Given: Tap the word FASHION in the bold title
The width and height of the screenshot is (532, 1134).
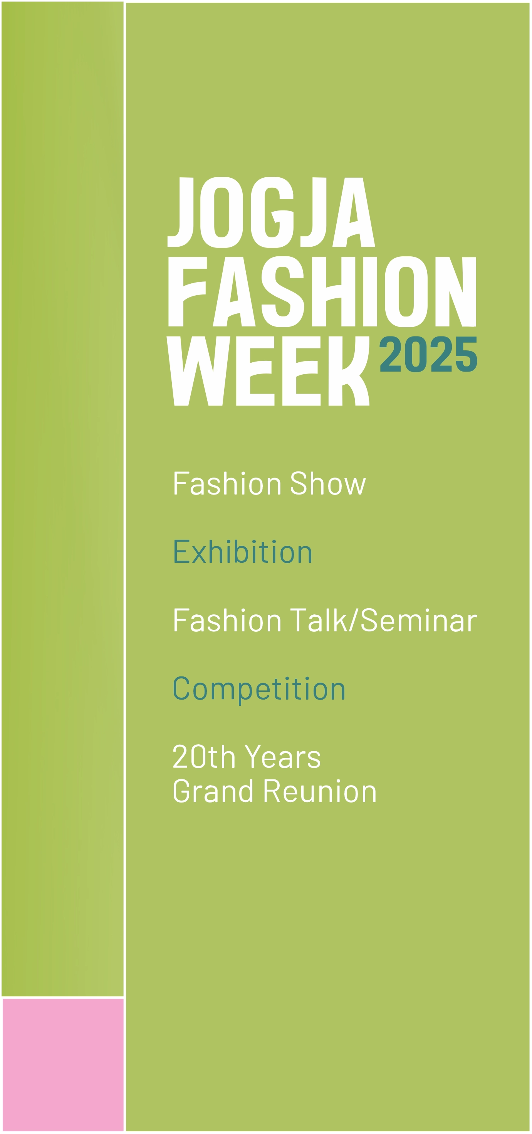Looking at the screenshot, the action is click(322, 292).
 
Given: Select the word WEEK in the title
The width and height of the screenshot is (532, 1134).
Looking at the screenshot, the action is click(268, 371).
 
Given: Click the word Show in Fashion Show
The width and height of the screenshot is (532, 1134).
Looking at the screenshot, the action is click(328, 483).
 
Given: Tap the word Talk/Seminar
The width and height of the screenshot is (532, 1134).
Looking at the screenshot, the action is click(383, 620).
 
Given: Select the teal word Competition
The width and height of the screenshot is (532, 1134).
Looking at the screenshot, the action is click(259, 688).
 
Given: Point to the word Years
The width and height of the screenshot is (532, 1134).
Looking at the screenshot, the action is click(282, 756).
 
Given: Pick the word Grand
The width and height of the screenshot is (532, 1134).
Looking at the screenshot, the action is click(213, 791).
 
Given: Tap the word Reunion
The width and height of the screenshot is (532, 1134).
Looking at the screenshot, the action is click(320, 791).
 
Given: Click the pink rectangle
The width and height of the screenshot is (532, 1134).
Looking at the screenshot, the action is click(63, 1065).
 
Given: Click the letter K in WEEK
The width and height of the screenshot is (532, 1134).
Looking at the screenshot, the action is click(349, 371).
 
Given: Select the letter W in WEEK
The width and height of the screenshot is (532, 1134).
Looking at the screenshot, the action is click(198, 371).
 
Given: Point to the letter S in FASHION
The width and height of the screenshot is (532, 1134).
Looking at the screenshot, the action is click(282, 292).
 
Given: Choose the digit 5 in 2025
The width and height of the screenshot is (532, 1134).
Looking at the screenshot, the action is click(467, 354).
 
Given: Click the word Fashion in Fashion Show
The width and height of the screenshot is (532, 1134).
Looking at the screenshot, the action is click(227, 483).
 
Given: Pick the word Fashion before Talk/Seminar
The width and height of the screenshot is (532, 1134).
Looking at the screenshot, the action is click(227, 620).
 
